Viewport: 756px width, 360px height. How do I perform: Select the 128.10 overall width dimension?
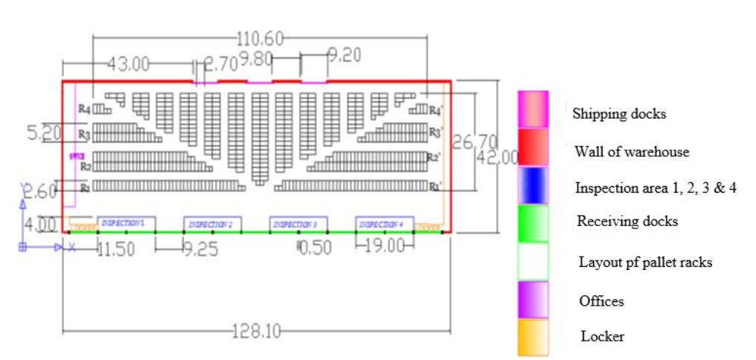[x=256, y=331]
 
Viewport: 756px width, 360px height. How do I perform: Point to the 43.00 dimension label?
[x=129, y=64]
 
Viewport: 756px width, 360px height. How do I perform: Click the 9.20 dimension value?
[x=345, y=56]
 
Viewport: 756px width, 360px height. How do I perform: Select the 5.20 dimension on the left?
[x=44, y=134]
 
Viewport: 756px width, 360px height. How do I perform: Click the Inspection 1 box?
[x=125, y=224]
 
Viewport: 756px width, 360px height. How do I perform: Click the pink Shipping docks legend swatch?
[x=533, y=110]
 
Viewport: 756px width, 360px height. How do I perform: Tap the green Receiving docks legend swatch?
[x=533, y=223]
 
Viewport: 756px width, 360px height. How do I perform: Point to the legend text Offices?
[x=601, y=301]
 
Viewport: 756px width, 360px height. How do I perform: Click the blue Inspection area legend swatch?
[x=533, y=185]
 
